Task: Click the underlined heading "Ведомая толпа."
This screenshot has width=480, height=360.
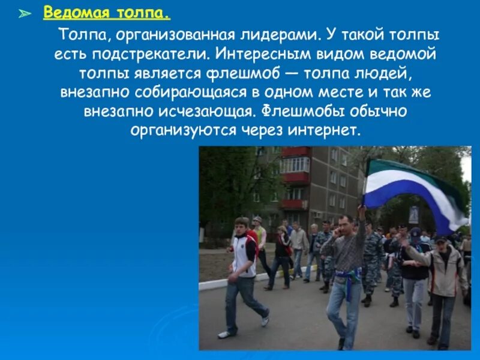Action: (x=106, y=13)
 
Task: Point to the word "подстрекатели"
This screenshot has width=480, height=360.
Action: (x=150, y=55)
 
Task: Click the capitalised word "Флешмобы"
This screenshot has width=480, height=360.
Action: (x=304, y=112)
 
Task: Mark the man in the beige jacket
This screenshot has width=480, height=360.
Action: (x=445, y=276)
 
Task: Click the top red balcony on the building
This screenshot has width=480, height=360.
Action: (x=295, y=152)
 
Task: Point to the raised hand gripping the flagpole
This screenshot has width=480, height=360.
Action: (x=362, y=211)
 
